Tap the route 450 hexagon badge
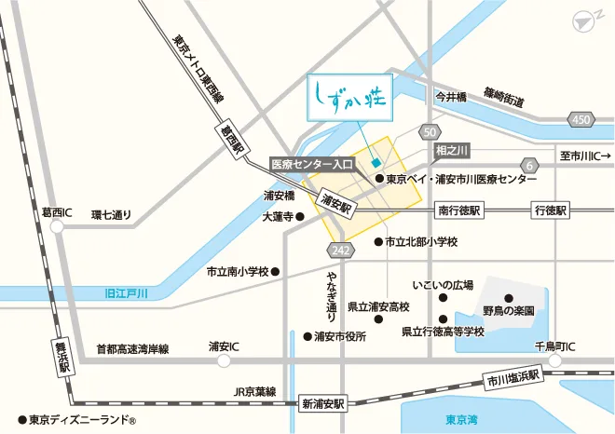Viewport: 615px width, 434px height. tap(581, 119)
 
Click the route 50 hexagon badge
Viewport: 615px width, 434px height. tap(429, 131)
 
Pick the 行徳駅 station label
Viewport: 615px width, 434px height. tap(549, 210)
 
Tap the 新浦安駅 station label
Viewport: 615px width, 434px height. tap(323, 403)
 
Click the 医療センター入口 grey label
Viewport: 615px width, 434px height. tap(312, 163)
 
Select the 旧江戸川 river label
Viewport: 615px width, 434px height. tap(127, 293)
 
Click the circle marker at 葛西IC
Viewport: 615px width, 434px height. tap(58, 226)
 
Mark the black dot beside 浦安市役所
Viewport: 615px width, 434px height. tap(307, 336)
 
